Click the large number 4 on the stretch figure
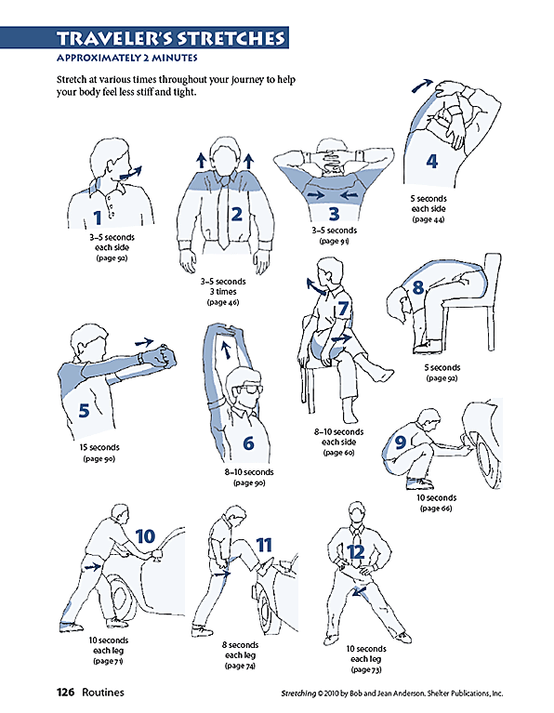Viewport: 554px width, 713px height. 431,161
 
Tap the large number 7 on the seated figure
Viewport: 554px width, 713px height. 343,308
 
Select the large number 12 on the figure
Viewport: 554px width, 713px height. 356,551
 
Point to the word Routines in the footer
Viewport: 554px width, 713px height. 101,693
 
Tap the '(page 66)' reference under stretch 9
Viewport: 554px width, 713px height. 435,508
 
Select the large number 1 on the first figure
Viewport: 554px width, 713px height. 98,218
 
